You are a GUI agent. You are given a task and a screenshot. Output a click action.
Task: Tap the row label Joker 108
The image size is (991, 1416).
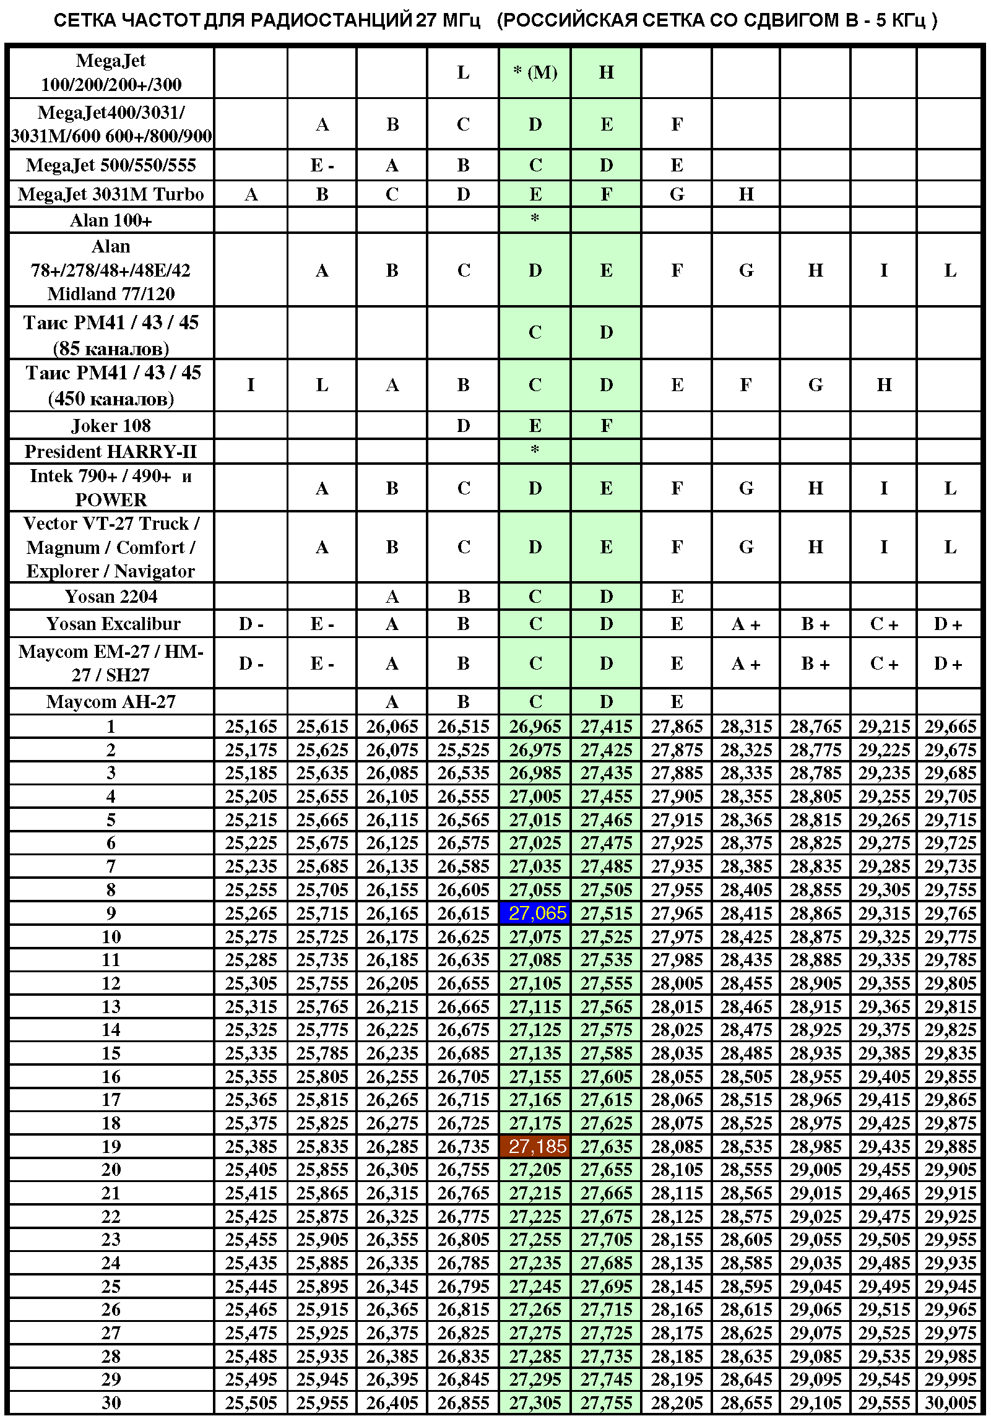pyautogui.click(x=111, y=425)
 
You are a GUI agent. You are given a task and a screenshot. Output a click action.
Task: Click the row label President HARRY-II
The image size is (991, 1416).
pyautogui.click(x=111, y=451)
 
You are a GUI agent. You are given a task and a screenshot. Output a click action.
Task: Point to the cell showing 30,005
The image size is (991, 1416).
pyautogui.click(x=950, y=1403)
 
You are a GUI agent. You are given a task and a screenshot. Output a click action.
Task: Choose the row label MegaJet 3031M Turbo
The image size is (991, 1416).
pyautogui.click(x=111, y=194)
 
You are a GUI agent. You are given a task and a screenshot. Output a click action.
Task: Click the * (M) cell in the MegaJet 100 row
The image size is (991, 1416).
pyautogui.click(x=535, y=72)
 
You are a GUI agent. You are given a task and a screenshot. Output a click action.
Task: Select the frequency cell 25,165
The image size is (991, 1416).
pyautogui.click(x=251, y=726)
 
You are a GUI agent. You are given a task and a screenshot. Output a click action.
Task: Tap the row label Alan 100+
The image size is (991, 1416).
pyautogui.click(x=111, y=220)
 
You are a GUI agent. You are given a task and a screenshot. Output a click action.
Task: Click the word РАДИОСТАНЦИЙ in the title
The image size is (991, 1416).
pyautogui.click(x=331, y=20)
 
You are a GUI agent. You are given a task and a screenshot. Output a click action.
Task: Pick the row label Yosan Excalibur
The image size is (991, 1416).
pyautogui.click(x=113, y=624)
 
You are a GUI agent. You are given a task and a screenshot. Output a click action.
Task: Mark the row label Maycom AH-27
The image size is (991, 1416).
pyautogui.click(x=111, y=701)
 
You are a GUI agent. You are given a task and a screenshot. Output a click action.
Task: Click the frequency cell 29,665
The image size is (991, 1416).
pyautogui.click(x=950, y=726)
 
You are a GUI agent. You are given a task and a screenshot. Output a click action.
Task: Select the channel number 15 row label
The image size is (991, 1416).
pyautogui.click(x=111, y=1053)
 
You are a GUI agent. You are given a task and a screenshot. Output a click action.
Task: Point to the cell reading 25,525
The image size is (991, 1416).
pyautogui.click(x=463, y=749)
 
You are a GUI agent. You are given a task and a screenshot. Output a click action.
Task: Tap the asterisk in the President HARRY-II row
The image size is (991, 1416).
pyautogui.click(x=535, y=450)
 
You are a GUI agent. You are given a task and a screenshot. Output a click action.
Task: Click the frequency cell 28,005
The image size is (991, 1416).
pyautogui.click(x=677, y=983)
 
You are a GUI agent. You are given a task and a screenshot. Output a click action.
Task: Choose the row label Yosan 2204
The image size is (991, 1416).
pyautogui.click(x=111, y=596)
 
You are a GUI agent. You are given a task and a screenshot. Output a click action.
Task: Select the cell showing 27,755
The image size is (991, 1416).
pyautogui.click(x=606, y=1403)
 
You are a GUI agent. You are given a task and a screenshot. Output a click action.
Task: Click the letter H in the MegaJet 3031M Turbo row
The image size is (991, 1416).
pyautogui.click(x=746, y=194)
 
